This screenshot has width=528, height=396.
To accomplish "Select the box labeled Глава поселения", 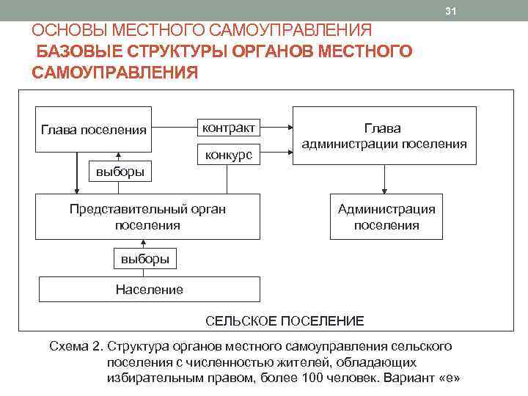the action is click(93, 130).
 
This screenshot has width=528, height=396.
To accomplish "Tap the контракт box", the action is click(229, 128).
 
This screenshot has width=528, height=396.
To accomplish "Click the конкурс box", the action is click(229, 155).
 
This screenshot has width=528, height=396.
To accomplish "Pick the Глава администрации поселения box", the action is click(384, 136).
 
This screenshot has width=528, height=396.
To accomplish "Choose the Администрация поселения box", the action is click(386, 217).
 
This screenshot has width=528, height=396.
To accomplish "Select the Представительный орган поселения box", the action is click(147, 217).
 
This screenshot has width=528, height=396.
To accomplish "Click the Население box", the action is click(149, 289).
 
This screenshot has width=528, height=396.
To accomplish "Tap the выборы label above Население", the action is click(145, 259).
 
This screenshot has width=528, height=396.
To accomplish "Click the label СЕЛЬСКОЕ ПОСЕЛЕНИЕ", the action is click(284, 321).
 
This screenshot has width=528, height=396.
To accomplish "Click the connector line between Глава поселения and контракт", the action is click(173, 128).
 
